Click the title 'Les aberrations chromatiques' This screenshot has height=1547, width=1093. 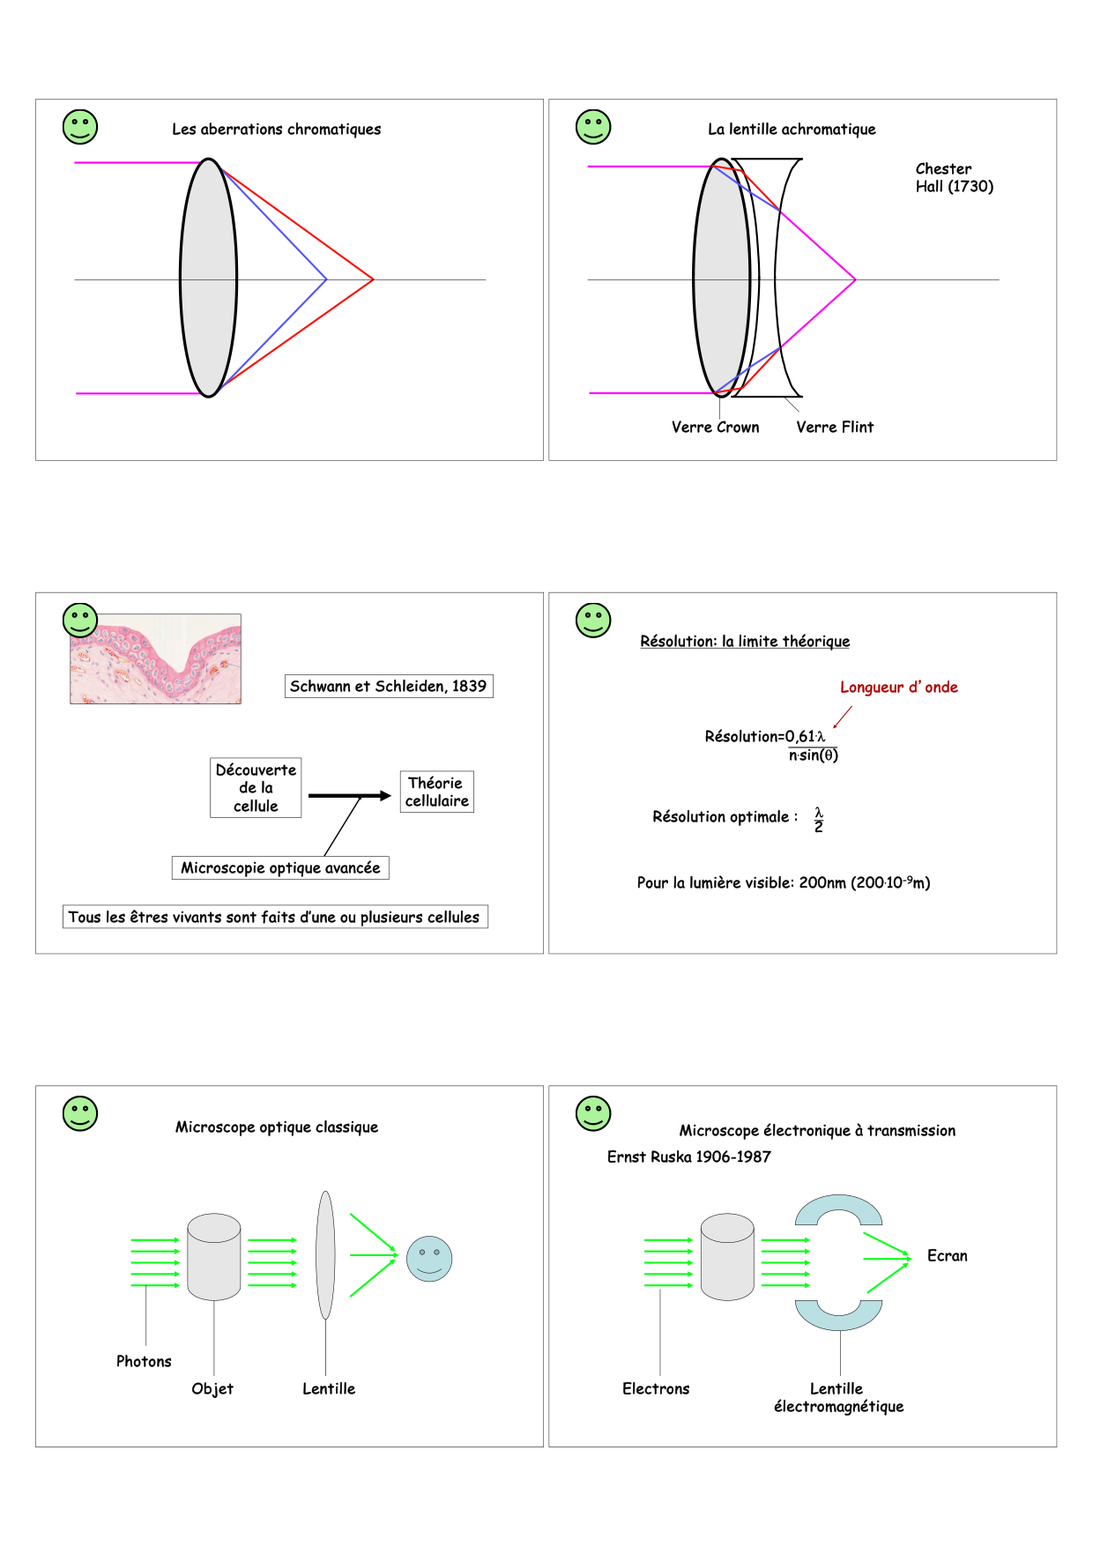276,130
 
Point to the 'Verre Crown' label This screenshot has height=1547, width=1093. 715,428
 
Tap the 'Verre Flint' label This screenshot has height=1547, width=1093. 834,428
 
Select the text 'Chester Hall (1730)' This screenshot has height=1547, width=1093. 953,177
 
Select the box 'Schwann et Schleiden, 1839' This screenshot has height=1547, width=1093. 388,687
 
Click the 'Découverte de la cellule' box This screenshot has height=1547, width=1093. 256,788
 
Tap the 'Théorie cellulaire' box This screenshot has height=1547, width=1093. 436,792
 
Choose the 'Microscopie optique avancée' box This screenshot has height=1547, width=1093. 280,868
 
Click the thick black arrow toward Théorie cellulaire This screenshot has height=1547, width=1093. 349,796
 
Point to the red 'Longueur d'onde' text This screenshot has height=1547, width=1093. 898,688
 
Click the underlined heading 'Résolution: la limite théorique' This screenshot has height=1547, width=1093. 745,642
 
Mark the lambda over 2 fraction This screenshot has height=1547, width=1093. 819,820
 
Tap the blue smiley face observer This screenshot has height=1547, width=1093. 429,1259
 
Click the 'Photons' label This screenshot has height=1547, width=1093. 144,1362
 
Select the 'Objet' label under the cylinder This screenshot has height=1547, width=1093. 212,1389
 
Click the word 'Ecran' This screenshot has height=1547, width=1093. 947,1256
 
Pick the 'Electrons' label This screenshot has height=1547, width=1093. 656,1389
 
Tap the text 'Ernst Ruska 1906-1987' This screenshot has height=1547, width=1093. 688,1157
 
